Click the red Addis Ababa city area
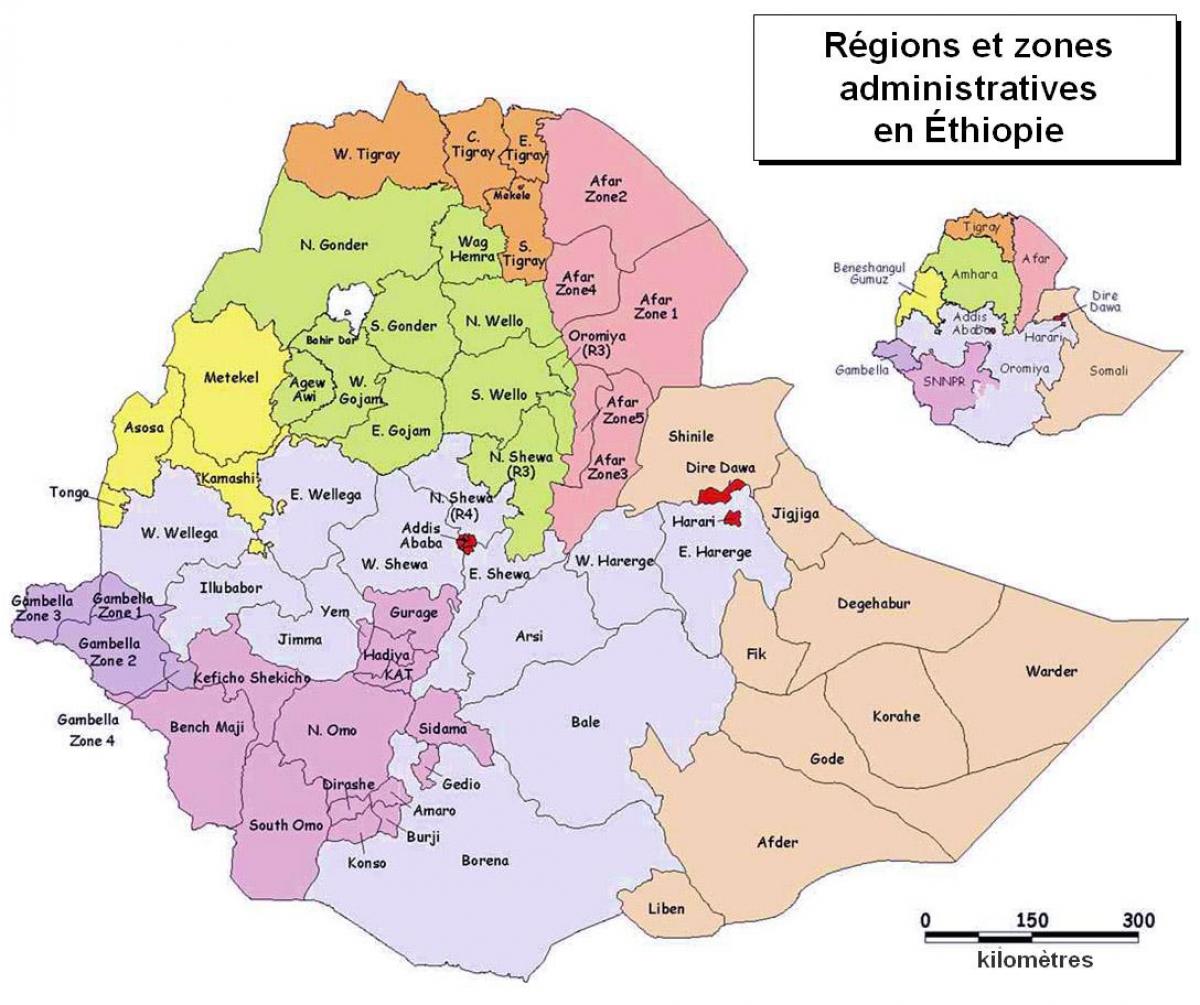(466, 542)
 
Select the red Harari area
(734, 518)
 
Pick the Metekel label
(231, 377)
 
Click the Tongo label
(69, 492)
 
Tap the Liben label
(667, 908)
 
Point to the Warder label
(1050, 671)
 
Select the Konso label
(367, 863)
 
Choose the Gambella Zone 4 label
(88, 729)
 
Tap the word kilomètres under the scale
(1034, 961)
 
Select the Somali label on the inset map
(1107, 371)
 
